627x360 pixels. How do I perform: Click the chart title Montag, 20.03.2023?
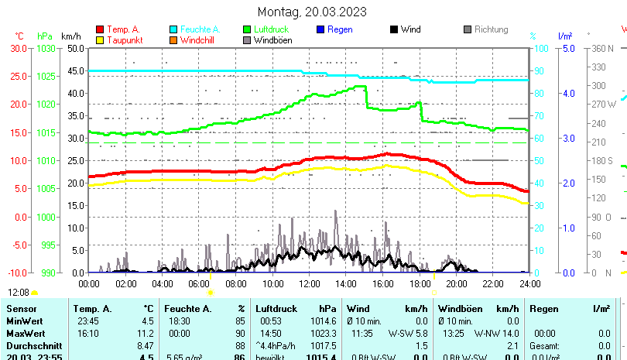coord(312,12)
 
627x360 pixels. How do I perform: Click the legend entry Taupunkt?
coord(125,39)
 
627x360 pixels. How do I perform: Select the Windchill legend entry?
coord(198,39)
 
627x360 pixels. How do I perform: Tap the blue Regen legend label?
coord(340,29)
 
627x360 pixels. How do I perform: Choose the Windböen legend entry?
coord(272,39)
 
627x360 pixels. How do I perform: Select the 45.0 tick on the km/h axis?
coord(75,70)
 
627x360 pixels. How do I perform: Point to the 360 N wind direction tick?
coord(601,48)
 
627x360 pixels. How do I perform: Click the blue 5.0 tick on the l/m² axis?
coord(567,48)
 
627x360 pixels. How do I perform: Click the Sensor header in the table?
coord(21,309)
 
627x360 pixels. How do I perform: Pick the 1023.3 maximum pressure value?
coord(324,332)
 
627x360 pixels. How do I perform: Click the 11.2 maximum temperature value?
coord(146,332)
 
